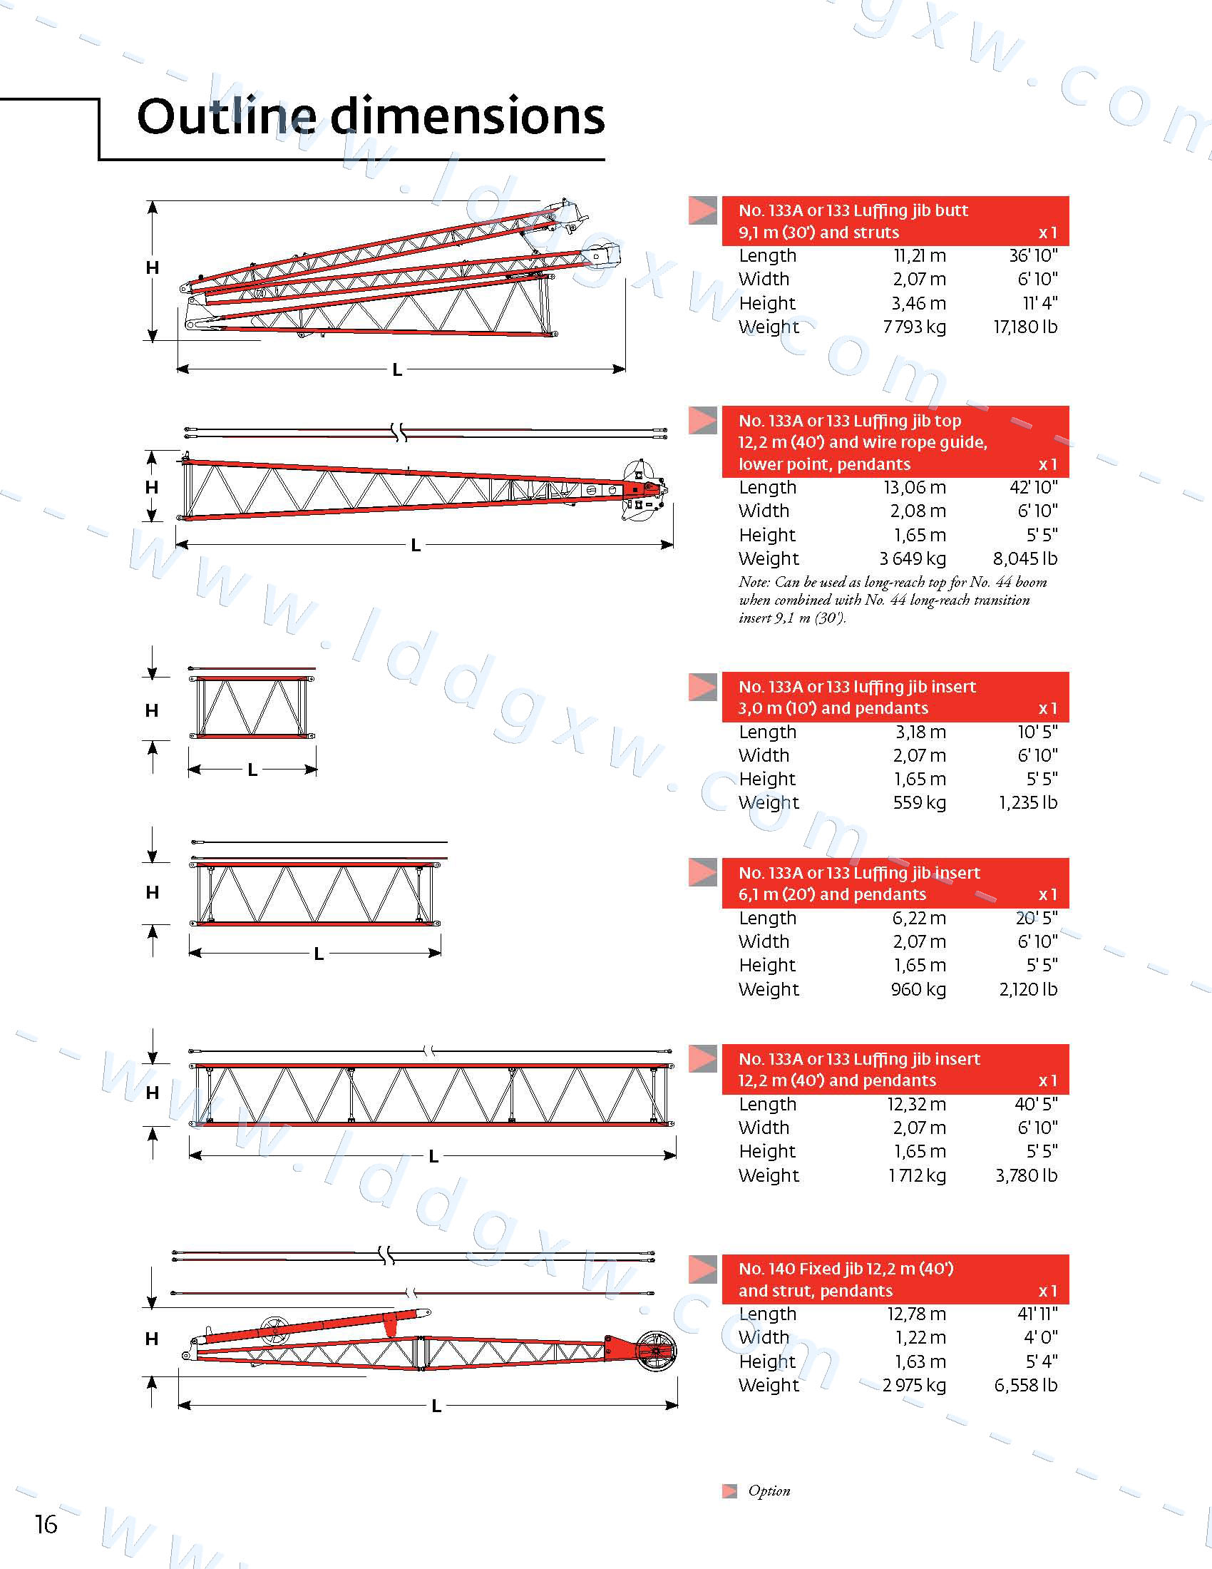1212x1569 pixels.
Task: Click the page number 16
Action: pos(46,1524)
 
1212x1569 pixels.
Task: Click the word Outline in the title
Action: pos(226,116)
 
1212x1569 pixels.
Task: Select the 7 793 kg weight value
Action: pos(914,327)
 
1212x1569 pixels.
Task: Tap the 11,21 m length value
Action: pos(919,256)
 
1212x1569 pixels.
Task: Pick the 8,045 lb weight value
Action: pos(1024,558)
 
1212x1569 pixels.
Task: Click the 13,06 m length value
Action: pos(914,487)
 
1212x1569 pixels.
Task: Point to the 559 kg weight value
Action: pos(919,802)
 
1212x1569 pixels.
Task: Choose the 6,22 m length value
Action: pos(919,918)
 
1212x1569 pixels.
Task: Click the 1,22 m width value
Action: pos(920,1337)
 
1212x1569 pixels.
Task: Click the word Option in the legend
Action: pos(769,1491)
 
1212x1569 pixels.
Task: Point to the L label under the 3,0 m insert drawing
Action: pos(252,770)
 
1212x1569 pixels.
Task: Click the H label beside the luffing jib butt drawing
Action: pos(153,268)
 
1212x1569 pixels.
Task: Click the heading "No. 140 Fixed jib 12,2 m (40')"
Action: pos(846,1269)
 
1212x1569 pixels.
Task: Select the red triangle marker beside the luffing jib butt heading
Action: pos(703,210)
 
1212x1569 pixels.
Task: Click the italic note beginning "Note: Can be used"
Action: pos(892,600)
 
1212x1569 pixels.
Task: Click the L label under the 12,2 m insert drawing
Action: pos(433,1156)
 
